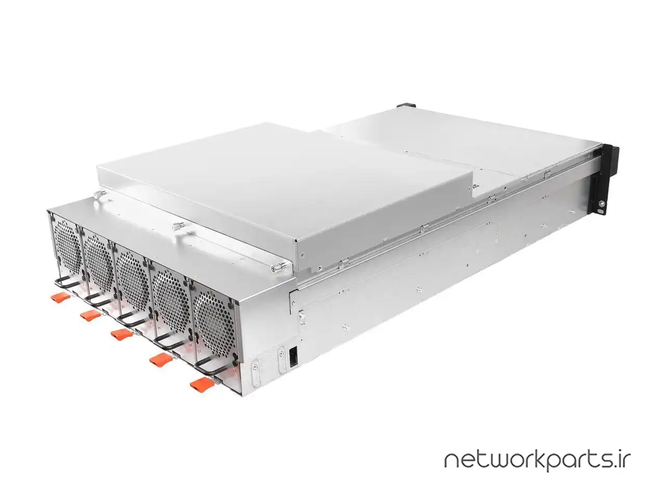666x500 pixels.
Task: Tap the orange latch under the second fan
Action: point(91,315)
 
